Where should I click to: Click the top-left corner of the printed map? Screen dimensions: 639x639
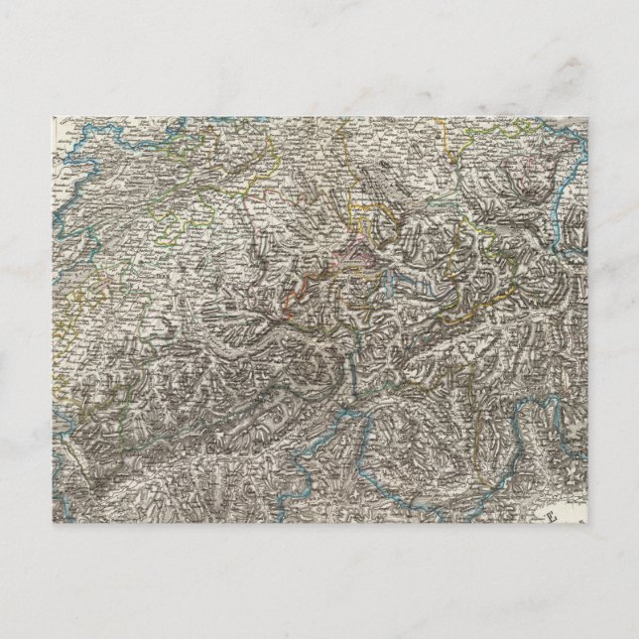tap(53, 118)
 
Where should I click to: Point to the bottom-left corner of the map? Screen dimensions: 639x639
tap(53, 523)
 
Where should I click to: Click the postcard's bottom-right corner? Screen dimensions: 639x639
tap(637, 637)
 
